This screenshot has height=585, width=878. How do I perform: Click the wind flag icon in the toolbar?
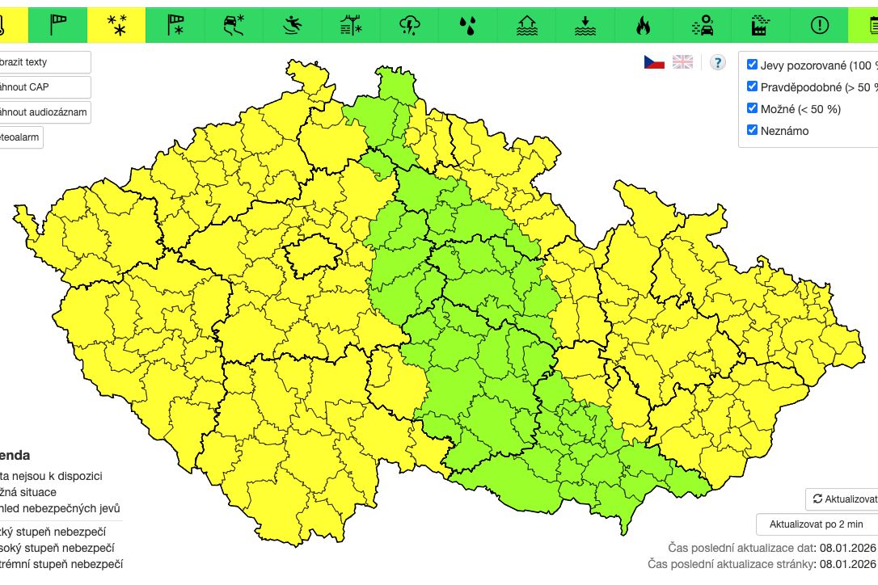58,25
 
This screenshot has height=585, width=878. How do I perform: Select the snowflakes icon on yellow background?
116,25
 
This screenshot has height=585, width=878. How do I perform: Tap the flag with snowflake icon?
175,25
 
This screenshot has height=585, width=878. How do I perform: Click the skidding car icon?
234,25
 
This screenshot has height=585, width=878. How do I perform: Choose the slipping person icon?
293,25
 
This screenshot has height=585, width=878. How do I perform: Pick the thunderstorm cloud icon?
410,25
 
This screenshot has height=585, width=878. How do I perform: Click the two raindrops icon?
468,25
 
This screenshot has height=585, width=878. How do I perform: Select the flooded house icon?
527,25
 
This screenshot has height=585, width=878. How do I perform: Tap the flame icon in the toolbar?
644,25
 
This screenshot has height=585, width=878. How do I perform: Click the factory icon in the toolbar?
761,25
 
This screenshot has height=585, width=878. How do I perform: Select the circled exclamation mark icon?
819,25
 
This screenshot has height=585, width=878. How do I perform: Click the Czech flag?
654,62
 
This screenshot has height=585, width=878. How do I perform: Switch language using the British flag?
683,62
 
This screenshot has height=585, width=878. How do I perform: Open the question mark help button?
717,62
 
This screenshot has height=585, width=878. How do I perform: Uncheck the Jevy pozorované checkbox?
753,65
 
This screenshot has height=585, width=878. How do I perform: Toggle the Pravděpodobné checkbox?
753,86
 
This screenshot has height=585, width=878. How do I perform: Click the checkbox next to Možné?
753,108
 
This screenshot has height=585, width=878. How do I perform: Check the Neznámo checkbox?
753,130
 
